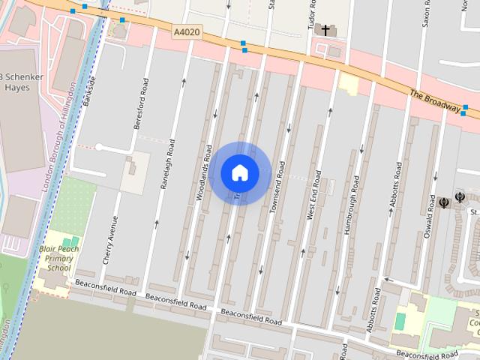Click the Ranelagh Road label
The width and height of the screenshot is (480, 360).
166,163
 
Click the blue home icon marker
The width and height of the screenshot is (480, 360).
240,172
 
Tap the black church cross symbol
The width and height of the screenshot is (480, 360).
325,29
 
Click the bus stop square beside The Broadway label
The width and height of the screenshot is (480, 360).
465,109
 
